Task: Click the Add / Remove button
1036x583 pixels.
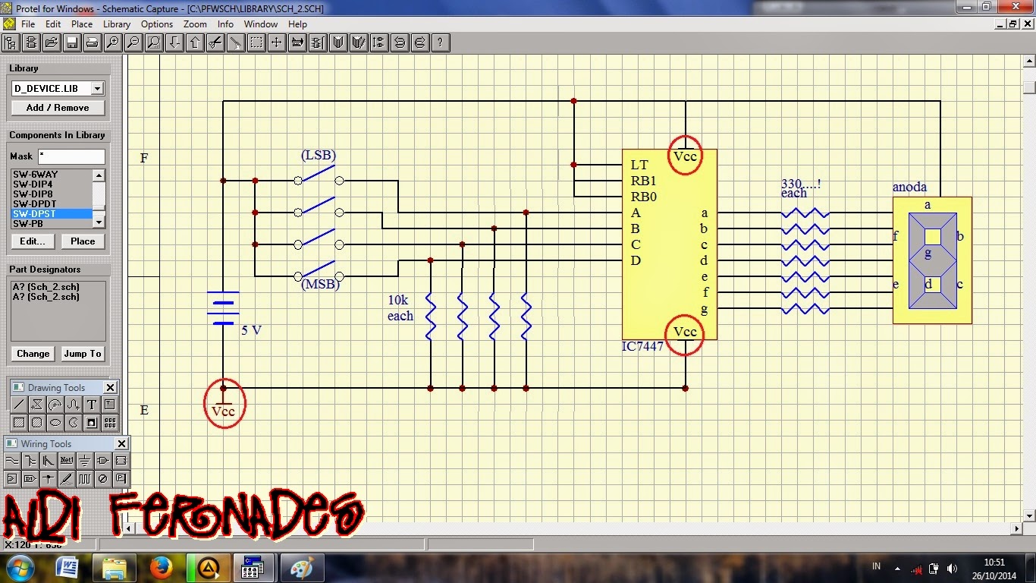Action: tap(58, 108)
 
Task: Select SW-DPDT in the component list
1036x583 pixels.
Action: tap(35, 203)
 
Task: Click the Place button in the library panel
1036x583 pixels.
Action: tap(83, 241)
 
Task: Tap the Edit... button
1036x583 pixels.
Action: tap(33, 241)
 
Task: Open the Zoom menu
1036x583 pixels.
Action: tap(195, 24)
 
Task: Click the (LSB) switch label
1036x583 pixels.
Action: tap(318, 156)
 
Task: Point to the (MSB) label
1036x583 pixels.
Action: tap(320, 285)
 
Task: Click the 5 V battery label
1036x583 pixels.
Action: tap(251, 330)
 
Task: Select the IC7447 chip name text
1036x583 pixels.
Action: tap(642, 347)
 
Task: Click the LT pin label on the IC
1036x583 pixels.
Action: tap(639, 165)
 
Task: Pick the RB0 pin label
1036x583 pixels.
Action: tap(643, 197)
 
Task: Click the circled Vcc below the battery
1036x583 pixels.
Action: tap(224, 411)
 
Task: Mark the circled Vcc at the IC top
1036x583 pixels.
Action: tap(685, 156)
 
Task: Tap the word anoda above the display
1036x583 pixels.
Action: tap(909, 188)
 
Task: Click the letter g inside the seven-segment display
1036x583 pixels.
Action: tap(928, 254)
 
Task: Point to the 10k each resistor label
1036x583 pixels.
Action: tap(400, 308)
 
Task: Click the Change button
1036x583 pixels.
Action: tap(33, 354)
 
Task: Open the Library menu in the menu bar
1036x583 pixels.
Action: tap(117, 24)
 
